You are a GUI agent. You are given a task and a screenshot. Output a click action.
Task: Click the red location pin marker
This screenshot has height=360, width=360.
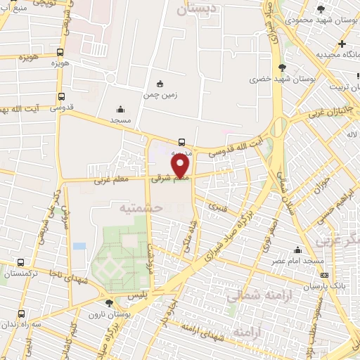pos(181,166)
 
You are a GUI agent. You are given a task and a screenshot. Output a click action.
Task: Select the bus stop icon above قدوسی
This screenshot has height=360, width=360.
pos(61,97)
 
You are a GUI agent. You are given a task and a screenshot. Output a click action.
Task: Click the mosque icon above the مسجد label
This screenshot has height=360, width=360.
pos(120,109)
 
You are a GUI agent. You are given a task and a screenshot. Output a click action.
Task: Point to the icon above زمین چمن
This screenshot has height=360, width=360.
pos(160,83)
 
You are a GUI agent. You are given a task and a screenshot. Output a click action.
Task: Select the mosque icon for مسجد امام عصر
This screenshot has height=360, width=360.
pos(297,250)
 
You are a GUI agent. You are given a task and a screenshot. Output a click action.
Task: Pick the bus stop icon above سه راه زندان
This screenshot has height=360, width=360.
pos(21,314)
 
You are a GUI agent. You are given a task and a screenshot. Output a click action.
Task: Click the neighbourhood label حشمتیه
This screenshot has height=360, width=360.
pos(141,208)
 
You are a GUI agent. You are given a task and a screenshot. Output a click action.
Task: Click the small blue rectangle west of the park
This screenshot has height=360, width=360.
pos(79,246)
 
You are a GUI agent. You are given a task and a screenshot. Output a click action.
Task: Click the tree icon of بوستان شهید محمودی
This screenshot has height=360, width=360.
pos(321,9)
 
